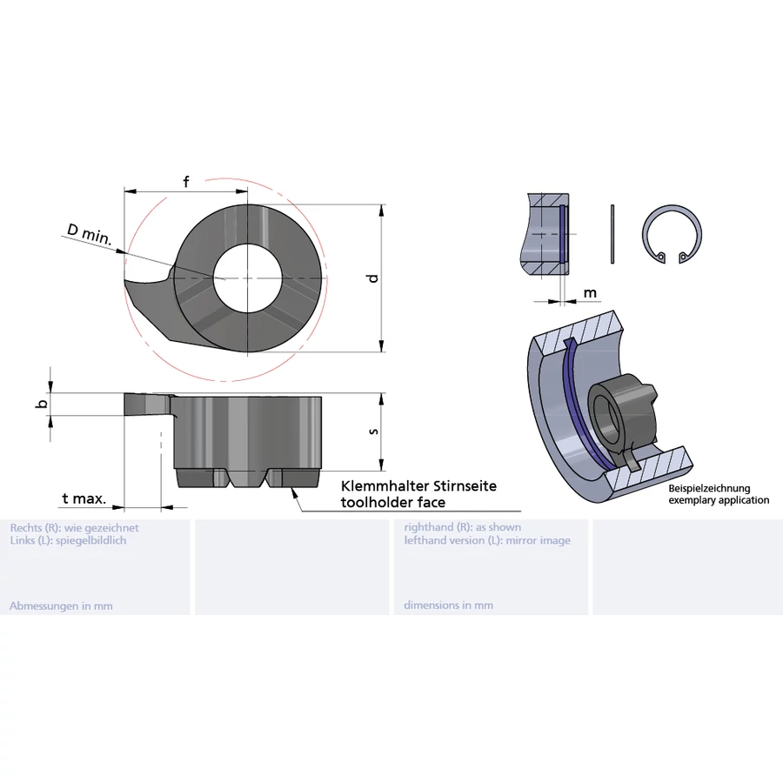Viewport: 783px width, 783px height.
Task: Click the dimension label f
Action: tap(186, 182)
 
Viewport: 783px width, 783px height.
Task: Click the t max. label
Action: tap(84, 499)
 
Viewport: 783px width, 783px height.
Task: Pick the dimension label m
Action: tap(590, 293)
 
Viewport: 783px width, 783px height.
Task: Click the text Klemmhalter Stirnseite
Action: tap(418, 486)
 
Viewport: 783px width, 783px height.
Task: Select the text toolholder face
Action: tap(392, 502)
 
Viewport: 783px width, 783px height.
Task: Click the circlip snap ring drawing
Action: tap(672, 237)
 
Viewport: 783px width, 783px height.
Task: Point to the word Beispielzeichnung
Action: tap(709, 489)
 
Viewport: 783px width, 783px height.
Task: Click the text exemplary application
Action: tap(719, 500)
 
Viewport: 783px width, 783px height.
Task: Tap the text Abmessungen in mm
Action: tap(61, 606)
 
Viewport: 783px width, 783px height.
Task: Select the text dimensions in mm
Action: tap(448, 606)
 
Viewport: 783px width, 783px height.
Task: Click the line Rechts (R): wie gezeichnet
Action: tap(74, 527)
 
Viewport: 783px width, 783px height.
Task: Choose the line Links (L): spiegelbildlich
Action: tap(68, 540)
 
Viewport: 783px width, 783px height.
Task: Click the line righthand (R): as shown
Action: tap(462, 527)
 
